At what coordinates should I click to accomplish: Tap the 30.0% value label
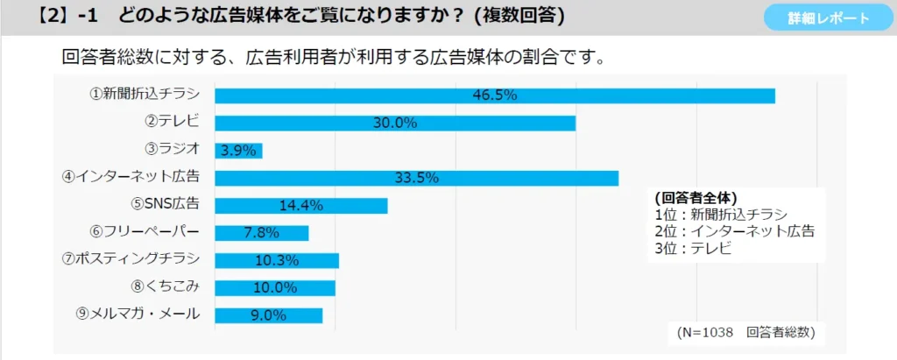394,123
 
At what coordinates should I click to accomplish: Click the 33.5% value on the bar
416,178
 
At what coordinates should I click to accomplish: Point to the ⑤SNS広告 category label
166,204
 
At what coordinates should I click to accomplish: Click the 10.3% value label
277,260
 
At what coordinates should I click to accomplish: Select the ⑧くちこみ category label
166,286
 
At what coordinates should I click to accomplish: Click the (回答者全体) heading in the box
696,197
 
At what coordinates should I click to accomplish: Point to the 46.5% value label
495,95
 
